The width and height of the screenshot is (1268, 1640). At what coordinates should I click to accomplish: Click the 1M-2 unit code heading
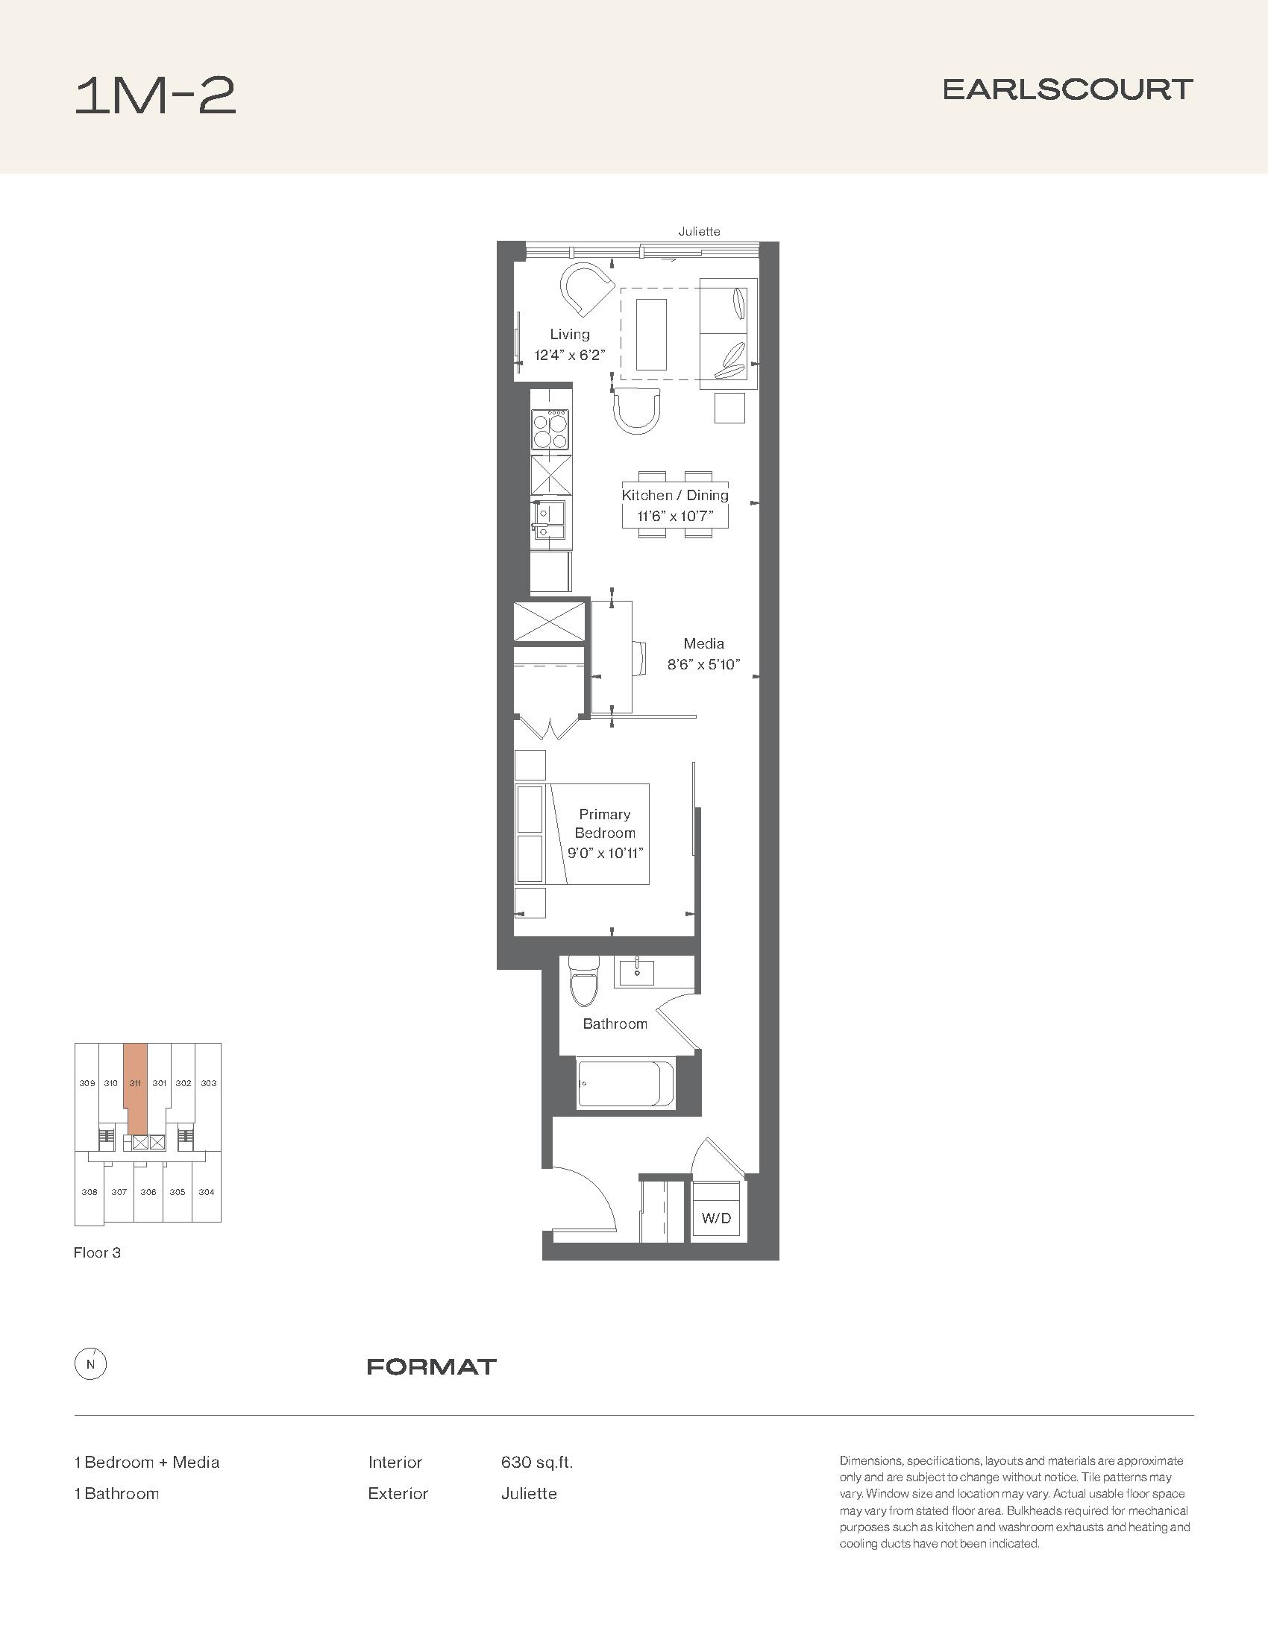(x=155, y=96)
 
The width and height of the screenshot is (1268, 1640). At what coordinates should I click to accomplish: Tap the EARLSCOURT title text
(x=1067, y=89)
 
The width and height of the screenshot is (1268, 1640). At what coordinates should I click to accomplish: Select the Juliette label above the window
(x=700, y=231)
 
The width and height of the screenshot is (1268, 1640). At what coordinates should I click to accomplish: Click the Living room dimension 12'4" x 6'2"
(x=569, y=355)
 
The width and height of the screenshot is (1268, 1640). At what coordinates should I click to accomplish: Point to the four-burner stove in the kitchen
(x=550, y=429)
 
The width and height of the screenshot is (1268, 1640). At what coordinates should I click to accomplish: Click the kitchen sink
(x=550, y=518)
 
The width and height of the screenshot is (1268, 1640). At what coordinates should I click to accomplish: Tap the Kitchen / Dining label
(x=675, y=495)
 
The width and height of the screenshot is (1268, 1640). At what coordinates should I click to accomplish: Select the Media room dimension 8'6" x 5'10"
(x=704, y=664)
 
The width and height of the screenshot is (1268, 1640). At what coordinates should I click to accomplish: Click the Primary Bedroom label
(x=605, y=823)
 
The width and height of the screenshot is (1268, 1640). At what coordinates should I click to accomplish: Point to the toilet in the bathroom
(x=583, y=981)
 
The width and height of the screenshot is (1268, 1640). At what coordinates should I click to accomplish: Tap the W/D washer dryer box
(x=716, y=1217)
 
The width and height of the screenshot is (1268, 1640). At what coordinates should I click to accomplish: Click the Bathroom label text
(x=615, y=1024)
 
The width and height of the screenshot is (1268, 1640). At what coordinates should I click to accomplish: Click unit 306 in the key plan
(x=148, y=1192)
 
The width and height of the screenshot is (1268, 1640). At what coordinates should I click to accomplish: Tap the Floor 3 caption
(x=97, y=1253)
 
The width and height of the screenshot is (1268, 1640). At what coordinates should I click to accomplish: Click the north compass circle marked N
(x=91, y=1365)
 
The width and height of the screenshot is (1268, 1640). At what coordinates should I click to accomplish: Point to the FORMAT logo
(x=432, y=1366)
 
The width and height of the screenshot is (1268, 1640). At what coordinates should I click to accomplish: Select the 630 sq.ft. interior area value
(x=537, y=1463)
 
